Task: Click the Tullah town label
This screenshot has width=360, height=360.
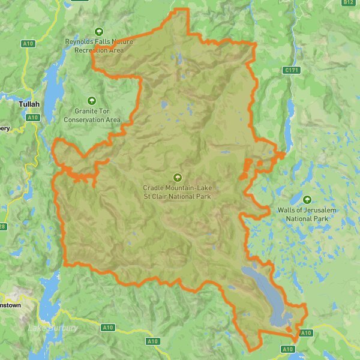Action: (28, 104)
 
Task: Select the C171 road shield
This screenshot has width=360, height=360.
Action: (291, 70)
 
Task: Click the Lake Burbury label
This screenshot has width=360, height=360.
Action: (53, 328)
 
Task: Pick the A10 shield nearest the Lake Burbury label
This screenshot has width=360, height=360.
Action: (108, 327)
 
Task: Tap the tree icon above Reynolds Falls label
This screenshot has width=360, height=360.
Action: (99, 32)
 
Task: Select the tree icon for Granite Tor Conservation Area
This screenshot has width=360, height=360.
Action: (92, 101)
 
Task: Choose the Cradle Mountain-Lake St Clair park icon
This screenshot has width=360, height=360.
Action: (177, 177)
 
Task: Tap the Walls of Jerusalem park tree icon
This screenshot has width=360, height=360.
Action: (307, 200)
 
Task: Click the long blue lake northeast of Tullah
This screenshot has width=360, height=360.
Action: (53, 84)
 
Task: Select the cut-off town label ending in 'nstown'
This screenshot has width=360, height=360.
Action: (10, 305)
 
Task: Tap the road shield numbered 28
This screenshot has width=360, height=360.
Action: (2, 226)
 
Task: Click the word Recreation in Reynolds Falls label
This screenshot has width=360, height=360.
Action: (90, 50)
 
